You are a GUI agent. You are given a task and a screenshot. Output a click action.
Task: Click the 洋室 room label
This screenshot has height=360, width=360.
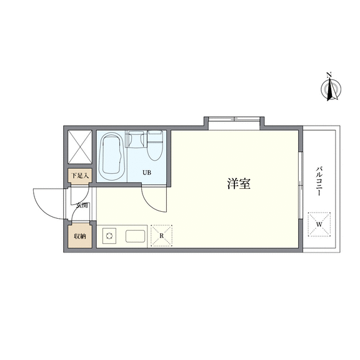pos(239,184)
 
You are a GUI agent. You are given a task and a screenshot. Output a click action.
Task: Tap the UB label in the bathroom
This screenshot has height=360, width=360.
pos(147,172)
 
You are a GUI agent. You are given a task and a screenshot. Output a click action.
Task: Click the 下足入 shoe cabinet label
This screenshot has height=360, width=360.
pos(80,176)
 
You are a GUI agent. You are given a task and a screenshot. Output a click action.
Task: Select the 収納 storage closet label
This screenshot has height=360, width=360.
pos(80,236)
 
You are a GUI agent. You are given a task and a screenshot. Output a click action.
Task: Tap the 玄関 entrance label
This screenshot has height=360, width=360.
pos(82,205)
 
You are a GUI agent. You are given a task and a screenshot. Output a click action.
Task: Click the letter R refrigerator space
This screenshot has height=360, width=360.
pos(161,236)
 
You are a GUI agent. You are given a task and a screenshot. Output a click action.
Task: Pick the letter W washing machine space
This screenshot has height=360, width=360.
pos(319,224)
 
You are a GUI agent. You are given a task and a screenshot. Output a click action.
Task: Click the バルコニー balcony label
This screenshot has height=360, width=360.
pos(319,181)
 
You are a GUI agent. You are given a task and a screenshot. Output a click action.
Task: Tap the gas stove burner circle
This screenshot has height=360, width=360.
pos(109,236)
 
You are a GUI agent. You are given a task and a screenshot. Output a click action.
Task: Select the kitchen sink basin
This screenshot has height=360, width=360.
pos(135,236)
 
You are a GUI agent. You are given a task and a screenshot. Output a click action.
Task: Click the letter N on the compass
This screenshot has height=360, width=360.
pos(329,74)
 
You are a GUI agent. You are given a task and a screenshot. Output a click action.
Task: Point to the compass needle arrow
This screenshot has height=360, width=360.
pos(331,89)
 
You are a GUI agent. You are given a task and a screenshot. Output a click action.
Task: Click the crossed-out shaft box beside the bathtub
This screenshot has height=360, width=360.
pos(80,147)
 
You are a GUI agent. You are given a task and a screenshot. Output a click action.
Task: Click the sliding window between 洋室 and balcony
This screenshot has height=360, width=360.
pos(301,185)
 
